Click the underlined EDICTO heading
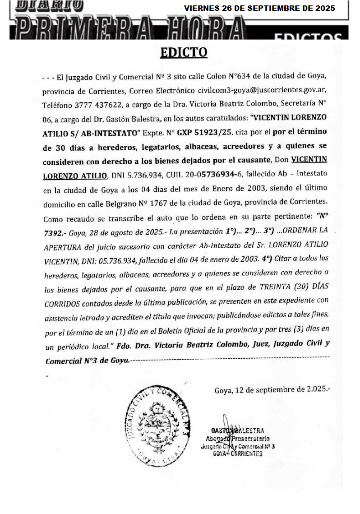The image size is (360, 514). tap(184, 52)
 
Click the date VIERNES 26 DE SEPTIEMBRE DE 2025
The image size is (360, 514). tap(259, 8)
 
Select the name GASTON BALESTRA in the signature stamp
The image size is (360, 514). tap(237, 431)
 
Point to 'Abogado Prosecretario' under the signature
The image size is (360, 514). tap(237, 438)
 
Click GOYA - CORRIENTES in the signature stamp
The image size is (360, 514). tap(237, 454)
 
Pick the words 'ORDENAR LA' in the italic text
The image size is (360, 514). tap(307, 231)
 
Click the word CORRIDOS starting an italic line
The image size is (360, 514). tap(63, 301)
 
